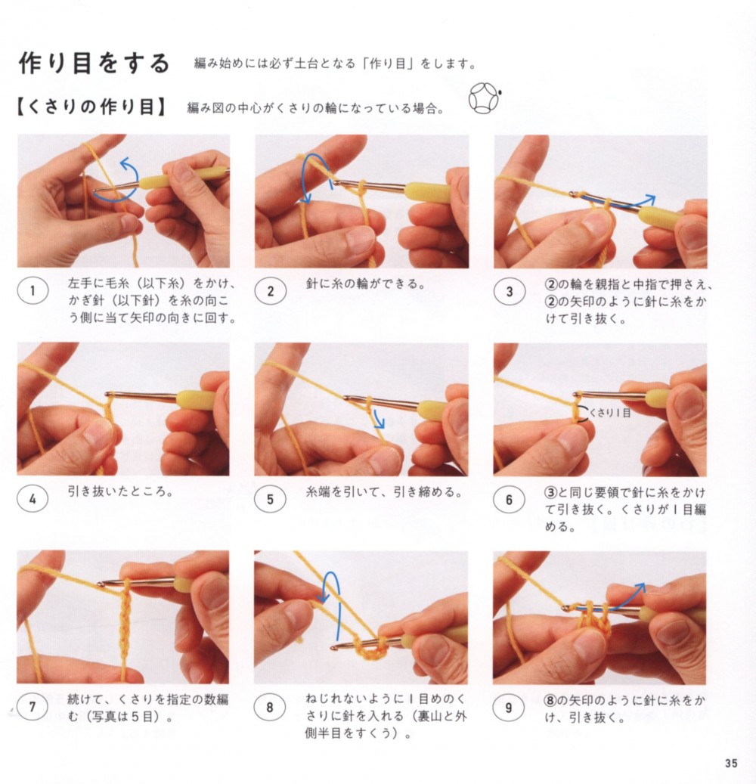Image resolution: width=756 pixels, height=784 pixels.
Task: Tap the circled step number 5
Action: (270, 499)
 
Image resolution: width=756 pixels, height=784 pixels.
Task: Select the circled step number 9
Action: (509, 708)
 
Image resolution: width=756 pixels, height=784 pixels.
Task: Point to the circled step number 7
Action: (33, 707)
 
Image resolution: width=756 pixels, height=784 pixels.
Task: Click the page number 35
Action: (731, 764)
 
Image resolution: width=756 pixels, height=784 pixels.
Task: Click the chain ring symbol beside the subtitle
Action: (485, 98)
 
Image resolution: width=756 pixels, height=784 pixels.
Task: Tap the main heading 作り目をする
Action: (94, 64)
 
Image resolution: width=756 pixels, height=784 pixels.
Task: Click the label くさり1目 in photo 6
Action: (610, 413)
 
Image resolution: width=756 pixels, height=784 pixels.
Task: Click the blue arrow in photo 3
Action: (620, 203)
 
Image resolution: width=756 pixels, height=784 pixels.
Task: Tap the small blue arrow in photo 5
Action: (379, 418)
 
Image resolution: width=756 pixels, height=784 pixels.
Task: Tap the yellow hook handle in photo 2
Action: (428, 193)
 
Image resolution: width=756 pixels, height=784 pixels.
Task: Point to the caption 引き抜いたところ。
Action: (120, 492)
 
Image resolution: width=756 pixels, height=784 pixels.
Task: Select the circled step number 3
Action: (509, 292)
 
